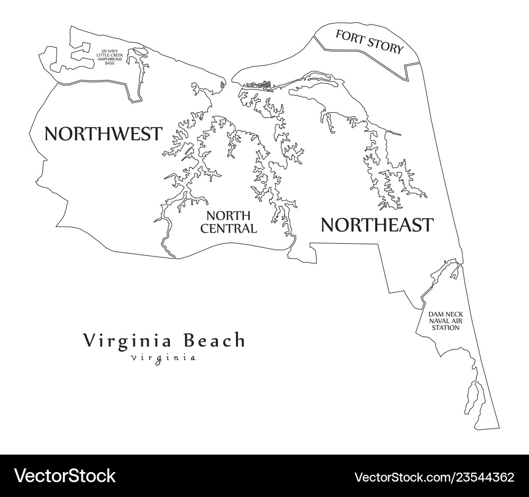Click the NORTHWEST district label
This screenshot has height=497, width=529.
point(103,134)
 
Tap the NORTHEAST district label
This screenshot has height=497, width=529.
point(377,225)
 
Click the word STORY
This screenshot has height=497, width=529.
point(385,46)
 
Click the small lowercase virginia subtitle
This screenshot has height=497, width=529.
point(163,358)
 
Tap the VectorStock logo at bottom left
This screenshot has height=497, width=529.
point(65,475)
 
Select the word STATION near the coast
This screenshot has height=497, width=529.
point(445,327)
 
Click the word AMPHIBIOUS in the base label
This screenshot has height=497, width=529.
point(110,59)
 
